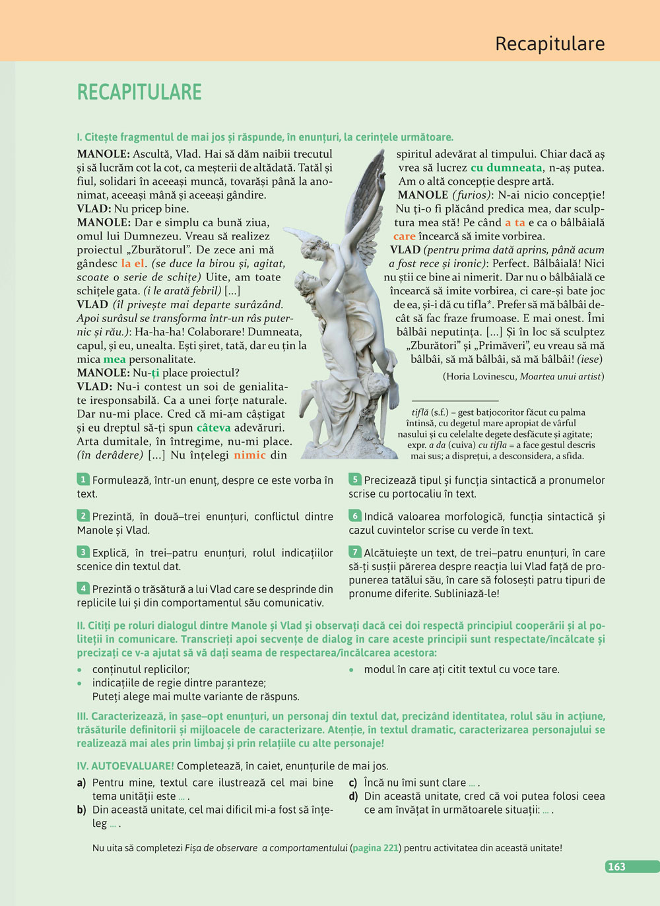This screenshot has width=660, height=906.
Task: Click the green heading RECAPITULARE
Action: (x=139, y=92)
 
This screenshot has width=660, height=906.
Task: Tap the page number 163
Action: (x=616, y=866)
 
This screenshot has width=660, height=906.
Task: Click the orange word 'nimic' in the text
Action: (x=249, y=455)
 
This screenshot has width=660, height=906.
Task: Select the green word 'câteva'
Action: (x=213, y=428)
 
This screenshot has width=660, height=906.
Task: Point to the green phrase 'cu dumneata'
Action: (x=506, y=168)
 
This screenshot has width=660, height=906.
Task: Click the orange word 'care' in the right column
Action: (x=404, y=236)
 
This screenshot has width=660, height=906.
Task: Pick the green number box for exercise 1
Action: (x=83, y=480)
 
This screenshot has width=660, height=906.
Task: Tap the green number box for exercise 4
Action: (x=83, y=589)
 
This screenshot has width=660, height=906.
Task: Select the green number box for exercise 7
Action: (x=355, y=552)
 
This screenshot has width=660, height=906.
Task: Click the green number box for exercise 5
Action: (x=355, y=480)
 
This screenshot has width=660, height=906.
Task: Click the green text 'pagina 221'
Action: (x=376, y=848)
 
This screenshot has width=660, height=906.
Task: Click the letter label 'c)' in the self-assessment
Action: (x=353, y=783)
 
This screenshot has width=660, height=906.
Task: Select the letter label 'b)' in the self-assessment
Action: (x=81, y=810)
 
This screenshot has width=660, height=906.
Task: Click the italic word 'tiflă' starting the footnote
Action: (x=420, y=412)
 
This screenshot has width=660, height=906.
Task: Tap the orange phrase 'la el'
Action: (x=132, y=263)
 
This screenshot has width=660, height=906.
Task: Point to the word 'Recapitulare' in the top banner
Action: (x=550, y=44)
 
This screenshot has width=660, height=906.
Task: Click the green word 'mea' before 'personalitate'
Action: (x=114, y=360)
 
